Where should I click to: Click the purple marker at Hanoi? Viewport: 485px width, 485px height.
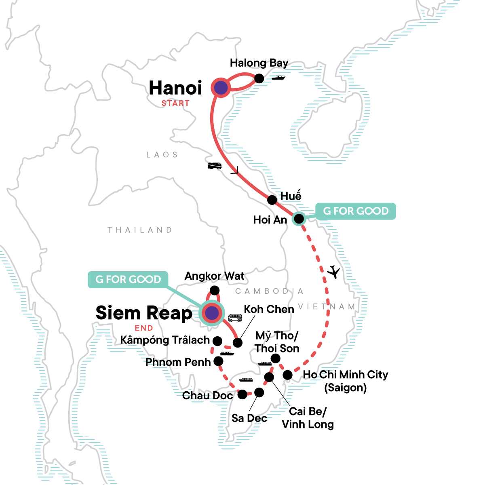(221, 88)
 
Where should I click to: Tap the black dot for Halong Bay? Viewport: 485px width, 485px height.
(259, 78)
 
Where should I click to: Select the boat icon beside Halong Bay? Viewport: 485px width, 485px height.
(278, 78)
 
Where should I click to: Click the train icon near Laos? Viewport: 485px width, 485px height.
(215, 166)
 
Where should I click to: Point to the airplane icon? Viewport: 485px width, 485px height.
(334, 272)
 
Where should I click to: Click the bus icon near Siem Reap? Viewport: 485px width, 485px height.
(235, 318)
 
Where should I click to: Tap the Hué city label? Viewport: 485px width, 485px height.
(291, 196)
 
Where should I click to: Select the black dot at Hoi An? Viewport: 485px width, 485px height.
(299, 219)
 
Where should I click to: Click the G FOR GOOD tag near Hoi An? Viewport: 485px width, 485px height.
(356, 211)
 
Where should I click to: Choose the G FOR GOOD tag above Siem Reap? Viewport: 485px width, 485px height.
(128, 279)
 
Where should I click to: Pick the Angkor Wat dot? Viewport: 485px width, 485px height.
(215, 291)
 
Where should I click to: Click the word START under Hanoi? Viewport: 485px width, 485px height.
(175, 103)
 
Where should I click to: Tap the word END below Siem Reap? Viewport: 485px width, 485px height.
(144, 328)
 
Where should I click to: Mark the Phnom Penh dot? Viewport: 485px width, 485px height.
(218, 361)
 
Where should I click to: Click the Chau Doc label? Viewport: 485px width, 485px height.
(207, 395)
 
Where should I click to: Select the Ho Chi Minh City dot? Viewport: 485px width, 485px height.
(287, 375)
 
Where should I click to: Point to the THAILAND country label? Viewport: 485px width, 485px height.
(140, 230)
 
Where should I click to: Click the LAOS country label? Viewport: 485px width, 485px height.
(162, 154)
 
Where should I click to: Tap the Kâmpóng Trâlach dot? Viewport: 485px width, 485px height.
(217, 341)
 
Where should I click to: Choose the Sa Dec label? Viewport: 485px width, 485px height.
(249, 418)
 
